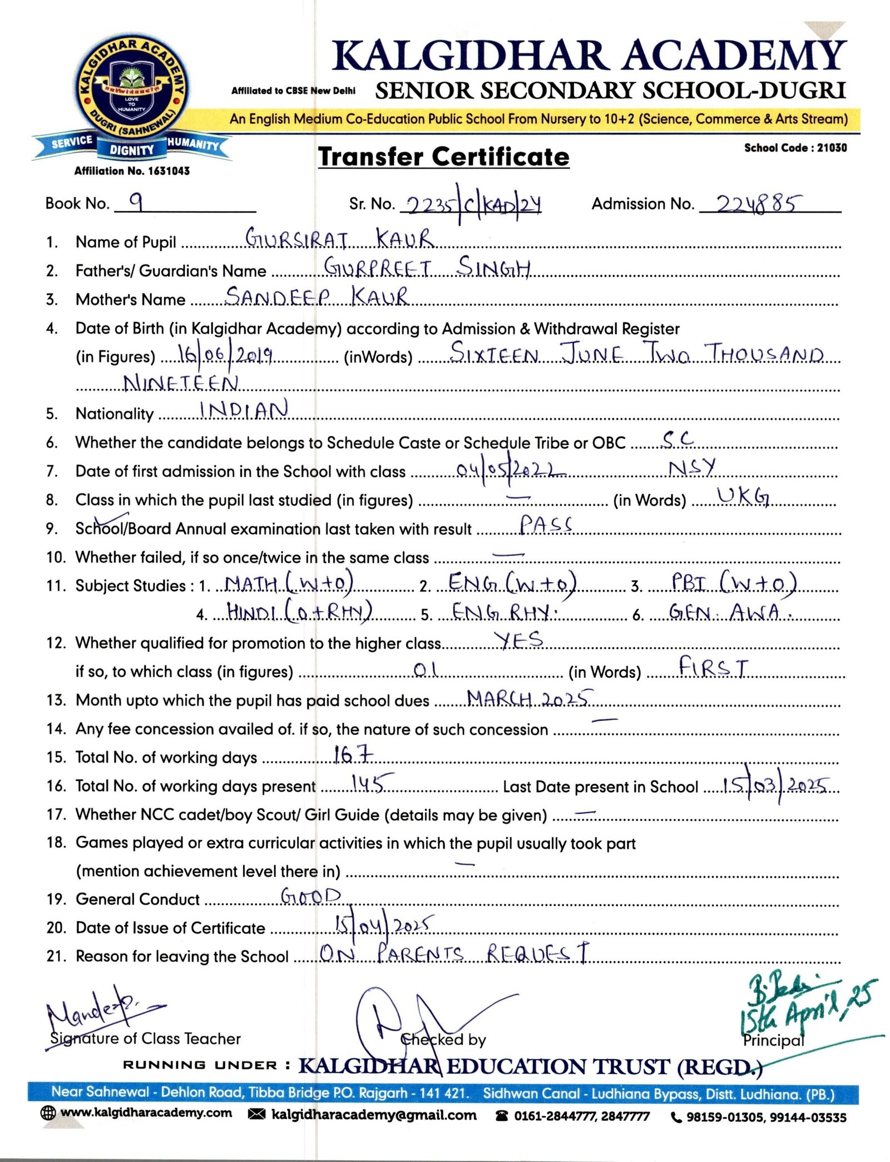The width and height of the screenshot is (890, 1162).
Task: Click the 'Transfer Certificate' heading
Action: (x=443, y=157)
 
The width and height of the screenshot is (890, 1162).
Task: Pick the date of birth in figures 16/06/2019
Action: (x=225, y=355)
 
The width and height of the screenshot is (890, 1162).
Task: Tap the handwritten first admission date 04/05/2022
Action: (x=510, y=470)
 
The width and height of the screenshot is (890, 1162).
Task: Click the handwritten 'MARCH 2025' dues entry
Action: (x=529, y=698)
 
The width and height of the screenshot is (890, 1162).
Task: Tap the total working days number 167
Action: (x=353, y=754)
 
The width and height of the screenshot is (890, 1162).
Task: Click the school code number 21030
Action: (x=832, y=148)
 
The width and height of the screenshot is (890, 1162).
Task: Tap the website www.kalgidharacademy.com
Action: (x=146, y=1113)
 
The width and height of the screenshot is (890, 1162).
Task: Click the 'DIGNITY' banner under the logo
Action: (x=132, y=150)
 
